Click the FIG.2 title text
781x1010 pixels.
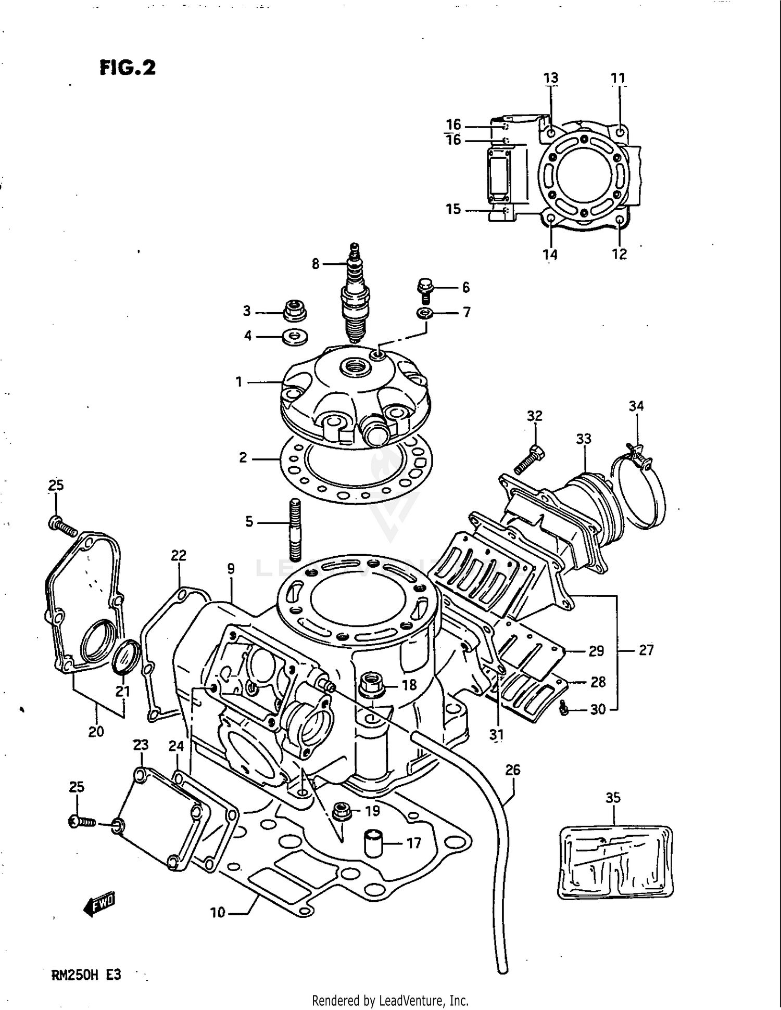(x=128, y=68)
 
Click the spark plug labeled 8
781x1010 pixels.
(x=354, y=297)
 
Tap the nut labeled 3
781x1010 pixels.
(x=295, y=311)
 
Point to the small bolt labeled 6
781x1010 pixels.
(x=425, y=290)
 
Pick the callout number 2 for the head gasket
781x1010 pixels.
(x=243, y=458)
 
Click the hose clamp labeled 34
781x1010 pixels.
(x=640, y=489)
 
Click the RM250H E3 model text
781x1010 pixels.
(x=86, y=975)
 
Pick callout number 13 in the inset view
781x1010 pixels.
(x=551, y=78)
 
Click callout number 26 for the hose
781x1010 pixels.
(x=513, y=770)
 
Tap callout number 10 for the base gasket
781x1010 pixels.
(x=218, y=912)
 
